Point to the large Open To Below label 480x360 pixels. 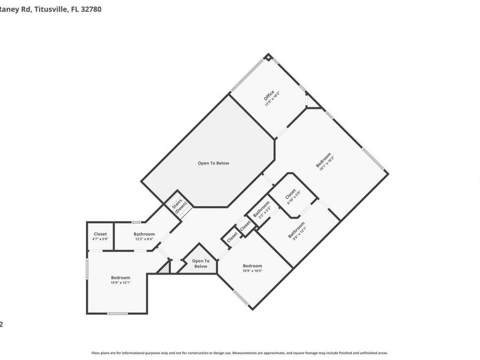click(213, 163)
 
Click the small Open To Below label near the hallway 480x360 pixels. click(201, 263)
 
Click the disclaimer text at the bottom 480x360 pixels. click(239, 353)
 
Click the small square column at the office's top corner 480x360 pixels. click(269, 56)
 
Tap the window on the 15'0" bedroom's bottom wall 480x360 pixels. click(117, 314)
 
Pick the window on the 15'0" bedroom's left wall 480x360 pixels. click(87, 268)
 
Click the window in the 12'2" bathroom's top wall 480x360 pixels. click(137, 222)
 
